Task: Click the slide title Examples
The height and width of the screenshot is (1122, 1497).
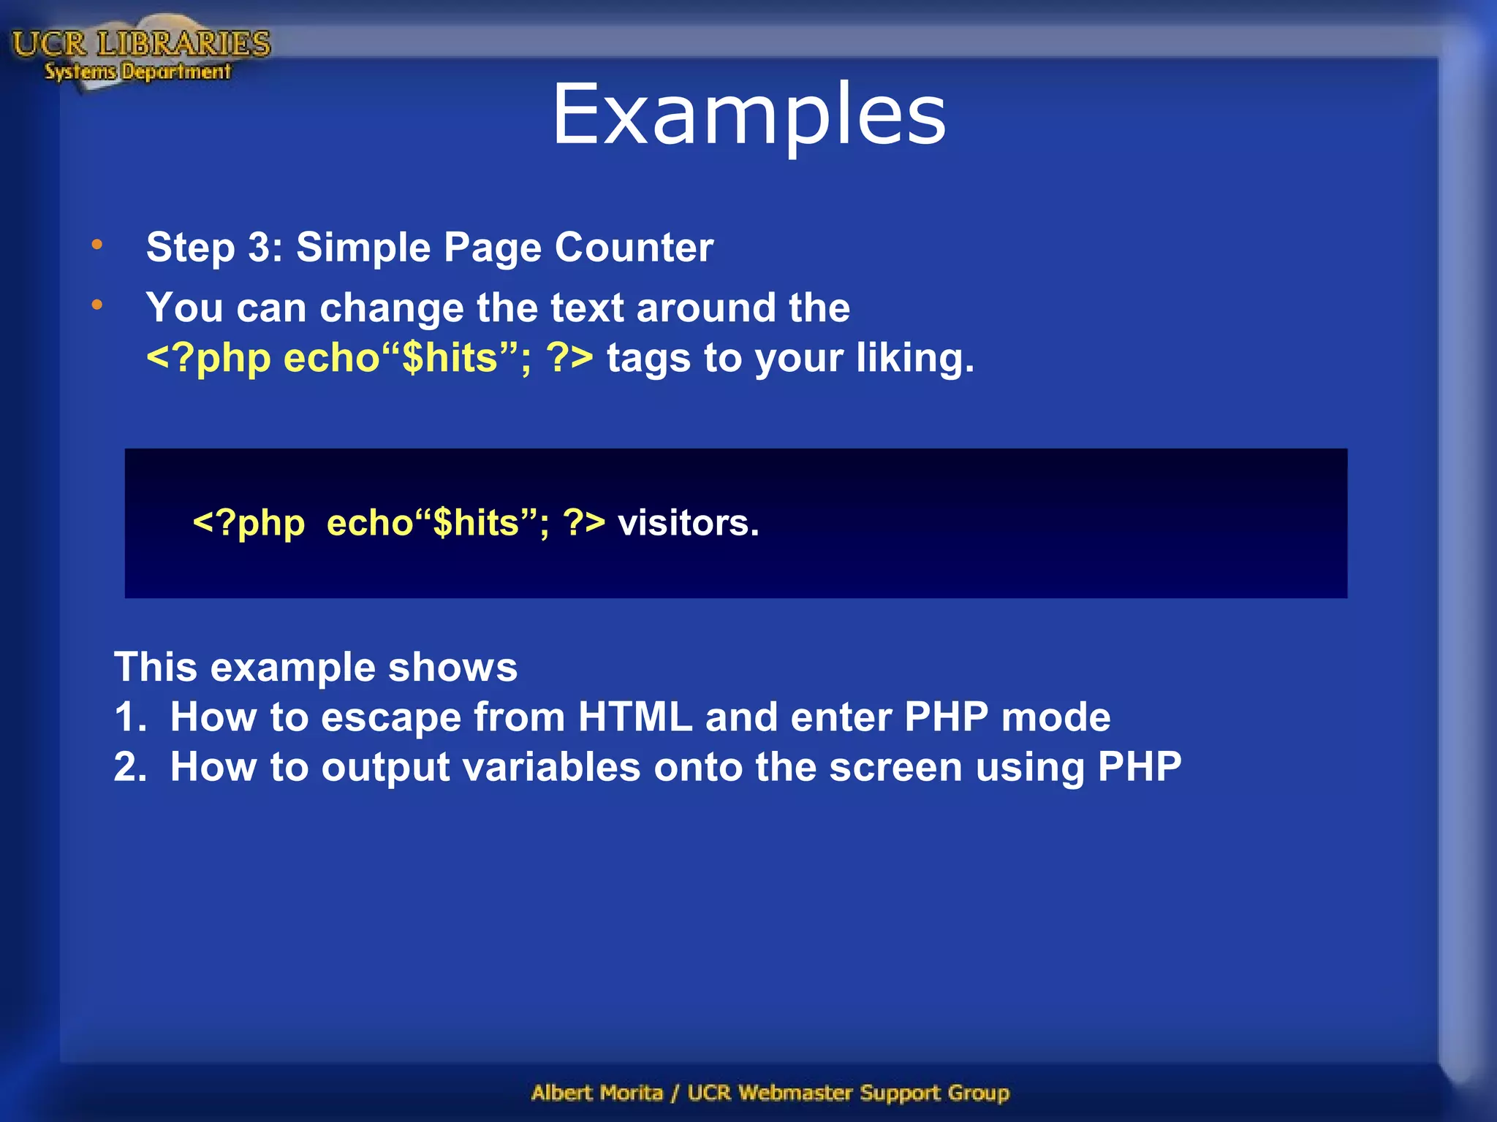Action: pos(748,115)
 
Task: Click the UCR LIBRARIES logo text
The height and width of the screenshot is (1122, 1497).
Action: pos(141,44)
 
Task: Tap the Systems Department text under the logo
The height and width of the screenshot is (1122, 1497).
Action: pos(137,72)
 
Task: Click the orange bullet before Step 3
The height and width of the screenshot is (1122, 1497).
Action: pos(97,245)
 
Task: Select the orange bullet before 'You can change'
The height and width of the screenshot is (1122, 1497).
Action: pos(97,305)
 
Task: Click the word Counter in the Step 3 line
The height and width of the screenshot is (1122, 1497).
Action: pos(634,248)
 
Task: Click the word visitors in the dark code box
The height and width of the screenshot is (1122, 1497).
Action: pos(688,523)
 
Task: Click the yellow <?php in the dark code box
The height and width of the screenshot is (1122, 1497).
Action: pos(249,523)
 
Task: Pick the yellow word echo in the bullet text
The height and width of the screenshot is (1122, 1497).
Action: pos(332,359)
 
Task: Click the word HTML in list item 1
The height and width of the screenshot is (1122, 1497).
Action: pos(634,717)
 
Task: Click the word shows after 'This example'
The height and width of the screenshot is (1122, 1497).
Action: pos(452,668)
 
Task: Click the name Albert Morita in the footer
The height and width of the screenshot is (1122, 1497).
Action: pos(597,1093)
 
